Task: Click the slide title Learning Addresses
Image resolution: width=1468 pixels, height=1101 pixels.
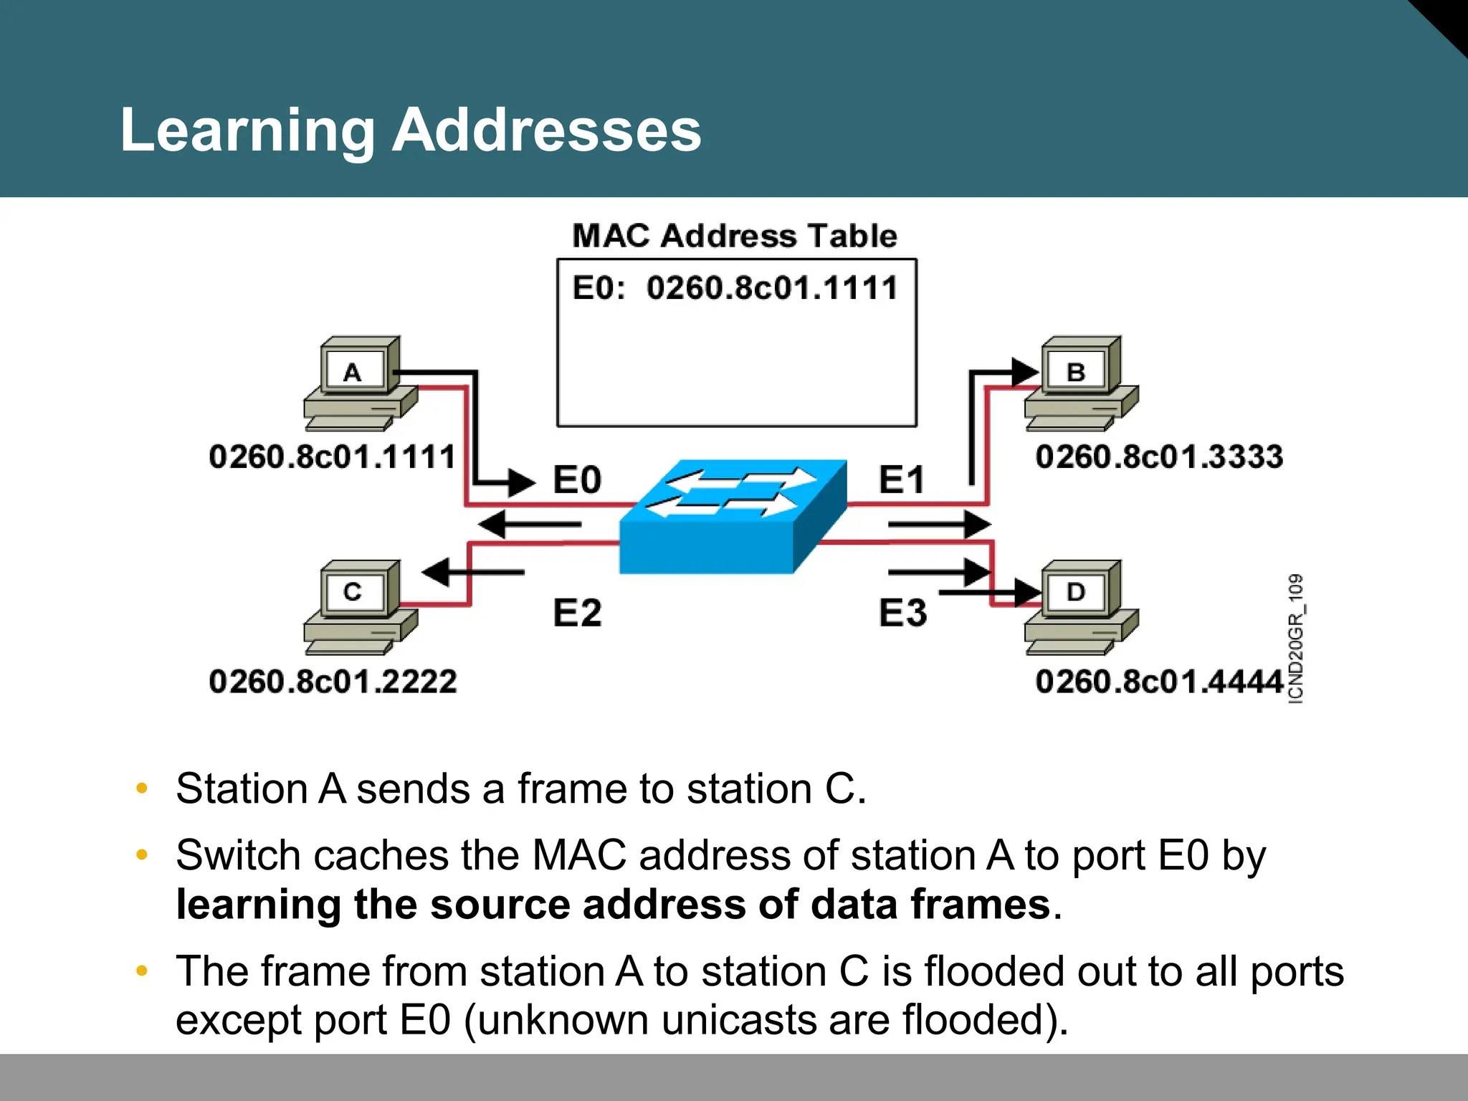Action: [x=410, y=130]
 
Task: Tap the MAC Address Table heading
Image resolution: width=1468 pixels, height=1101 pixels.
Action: [x=734, y=236]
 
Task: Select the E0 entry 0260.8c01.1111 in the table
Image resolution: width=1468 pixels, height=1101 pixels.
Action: [x=734, y=288]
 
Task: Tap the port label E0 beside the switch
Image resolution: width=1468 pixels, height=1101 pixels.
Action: [x=577, y=480]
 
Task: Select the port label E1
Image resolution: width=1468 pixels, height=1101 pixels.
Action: [x=902, y=480]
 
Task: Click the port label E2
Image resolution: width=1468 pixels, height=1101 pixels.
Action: [x=577, y=613]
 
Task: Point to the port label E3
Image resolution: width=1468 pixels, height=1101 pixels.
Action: [x=902, y=613]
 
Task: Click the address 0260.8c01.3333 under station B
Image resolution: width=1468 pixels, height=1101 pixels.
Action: [x=1158, y=457]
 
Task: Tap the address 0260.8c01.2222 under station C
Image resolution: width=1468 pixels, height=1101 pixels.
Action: [x=333, y=681]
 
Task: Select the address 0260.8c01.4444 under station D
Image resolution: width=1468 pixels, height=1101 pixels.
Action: [x=1158, y=681]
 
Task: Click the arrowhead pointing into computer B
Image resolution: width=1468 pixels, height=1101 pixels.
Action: [x=1025, y=372]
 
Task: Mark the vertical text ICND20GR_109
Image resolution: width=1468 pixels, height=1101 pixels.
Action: [x=1295, y=638]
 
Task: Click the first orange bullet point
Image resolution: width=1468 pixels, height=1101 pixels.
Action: [x=142, y=788]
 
